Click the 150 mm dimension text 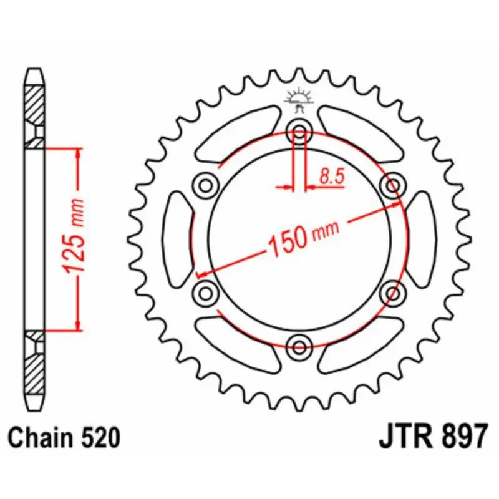tap(303, 238)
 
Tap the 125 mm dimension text tap(74, 236)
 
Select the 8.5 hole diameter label tap(332, 177)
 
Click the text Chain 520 tap(64, 438)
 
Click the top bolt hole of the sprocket tap(299, 131)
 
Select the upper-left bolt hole tap(206, 185)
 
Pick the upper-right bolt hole tap(393, 185)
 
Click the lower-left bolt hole tap(206, 293)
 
